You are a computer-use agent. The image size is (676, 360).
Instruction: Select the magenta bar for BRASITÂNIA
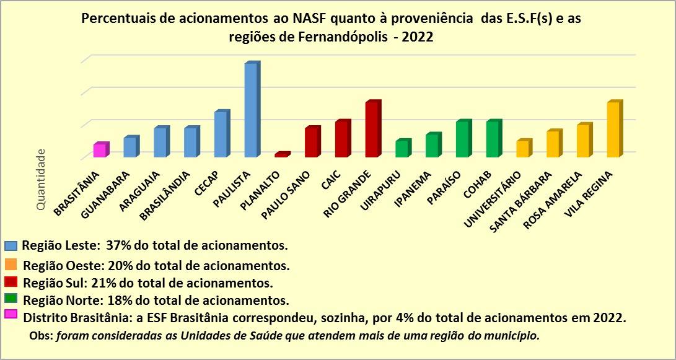pos(100,150)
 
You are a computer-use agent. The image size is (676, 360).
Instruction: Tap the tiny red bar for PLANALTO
pos(281,154)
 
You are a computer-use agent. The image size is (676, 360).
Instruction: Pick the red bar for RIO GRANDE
pos(372,130)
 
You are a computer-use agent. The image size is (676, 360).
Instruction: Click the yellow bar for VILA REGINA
pos(613,130)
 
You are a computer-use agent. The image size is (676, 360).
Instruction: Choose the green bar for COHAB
pos(493,139)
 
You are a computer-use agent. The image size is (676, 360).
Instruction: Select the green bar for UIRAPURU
pos(402,149)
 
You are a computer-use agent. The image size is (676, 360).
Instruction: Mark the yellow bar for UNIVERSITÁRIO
pos(523,149)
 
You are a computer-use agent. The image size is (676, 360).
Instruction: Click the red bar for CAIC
pos(342,139)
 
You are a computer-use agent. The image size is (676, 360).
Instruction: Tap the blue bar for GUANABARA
pos(130,147)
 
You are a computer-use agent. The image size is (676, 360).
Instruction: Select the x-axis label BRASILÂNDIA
pos(161,196)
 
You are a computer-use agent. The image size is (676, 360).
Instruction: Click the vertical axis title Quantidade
pos(41,179)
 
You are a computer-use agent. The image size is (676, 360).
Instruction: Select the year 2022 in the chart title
pos(417,37)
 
